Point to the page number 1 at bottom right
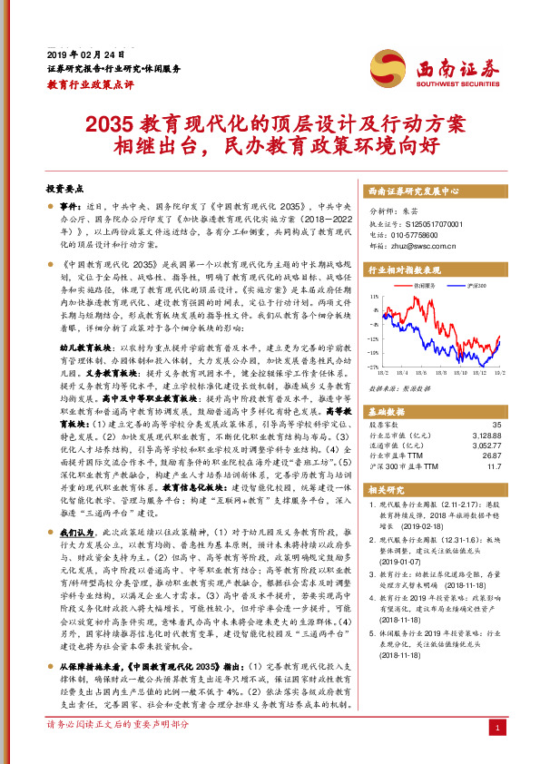497,728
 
